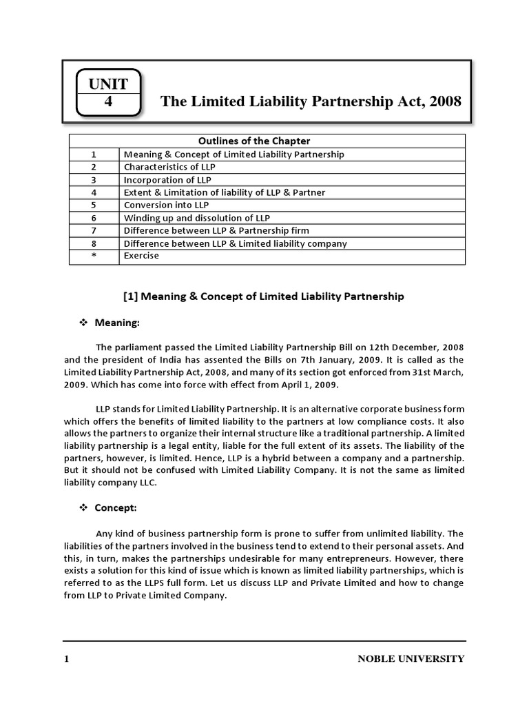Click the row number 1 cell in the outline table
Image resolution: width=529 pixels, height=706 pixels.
click(94, 154)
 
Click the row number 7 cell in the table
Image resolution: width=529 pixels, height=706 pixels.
click(94, 230)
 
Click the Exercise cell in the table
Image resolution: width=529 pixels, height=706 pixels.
click(141, 256)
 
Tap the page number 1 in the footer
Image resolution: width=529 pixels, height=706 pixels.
click(67, 659)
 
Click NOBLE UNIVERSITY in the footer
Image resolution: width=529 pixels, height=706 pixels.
click(411, 659)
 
